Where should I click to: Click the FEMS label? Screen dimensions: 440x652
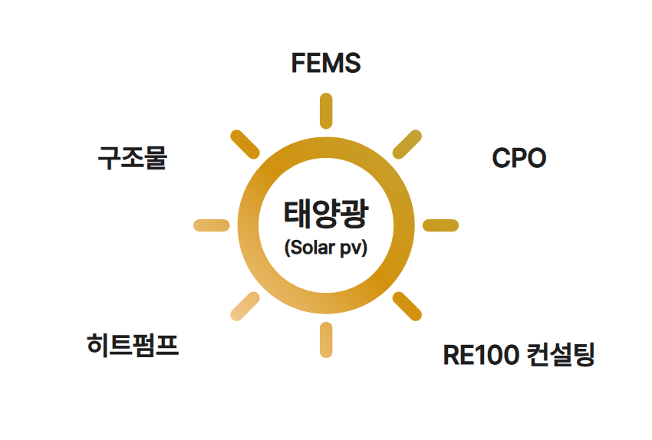coord(325,63)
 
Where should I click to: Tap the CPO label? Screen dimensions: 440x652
coord(519,159)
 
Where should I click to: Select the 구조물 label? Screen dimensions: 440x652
coord(132,159)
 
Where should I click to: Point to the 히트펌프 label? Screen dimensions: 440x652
coord(133,345)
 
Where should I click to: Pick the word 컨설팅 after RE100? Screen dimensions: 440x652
coord(561,356)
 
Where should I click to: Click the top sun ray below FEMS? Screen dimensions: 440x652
coord(325,110)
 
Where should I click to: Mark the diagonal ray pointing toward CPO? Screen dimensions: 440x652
coord(407,144)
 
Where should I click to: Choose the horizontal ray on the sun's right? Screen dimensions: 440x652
coord(440,225)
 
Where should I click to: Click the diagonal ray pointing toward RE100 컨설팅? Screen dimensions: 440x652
coord(407,306)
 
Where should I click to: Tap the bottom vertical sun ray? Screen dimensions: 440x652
coord(325,340)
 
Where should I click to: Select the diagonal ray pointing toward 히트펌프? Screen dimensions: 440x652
coord(245,306)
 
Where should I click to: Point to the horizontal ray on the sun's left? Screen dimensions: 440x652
coord(211,225)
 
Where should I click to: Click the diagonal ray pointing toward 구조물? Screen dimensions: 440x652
coord(245,144)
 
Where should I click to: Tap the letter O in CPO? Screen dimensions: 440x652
coord(535,159)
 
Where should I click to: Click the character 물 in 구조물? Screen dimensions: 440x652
coord(155,159)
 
